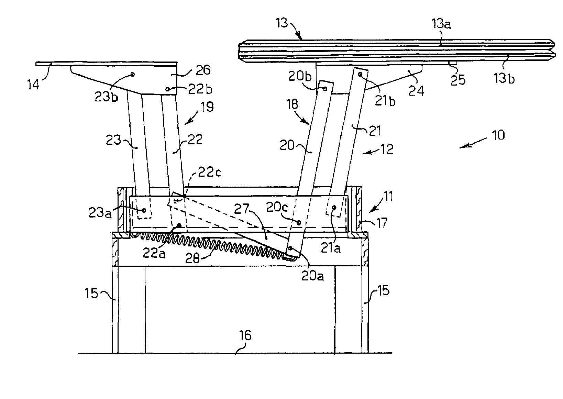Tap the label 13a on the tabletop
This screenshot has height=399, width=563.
(x=442, y=24)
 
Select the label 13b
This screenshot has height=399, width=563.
(x=504, y=79)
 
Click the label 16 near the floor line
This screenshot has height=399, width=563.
(x=245, y=335)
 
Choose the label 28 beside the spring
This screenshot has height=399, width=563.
(x=192, y=258)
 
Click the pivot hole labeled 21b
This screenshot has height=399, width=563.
(x=360, y=74)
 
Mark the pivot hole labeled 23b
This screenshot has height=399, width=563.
(x=133, y=74)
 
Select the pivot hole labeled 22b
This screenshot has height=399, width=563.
(x=167, y=89)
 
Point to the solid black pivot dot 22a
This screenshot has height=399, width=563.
(x=179, y=225)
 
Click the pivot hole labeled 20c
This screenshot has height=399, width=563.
(x=299, y=223)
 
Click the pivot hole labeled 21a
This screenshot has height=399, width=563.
(x=333, y=208)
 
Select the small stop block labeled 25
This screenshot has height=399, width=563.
(x=453, y=63)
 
